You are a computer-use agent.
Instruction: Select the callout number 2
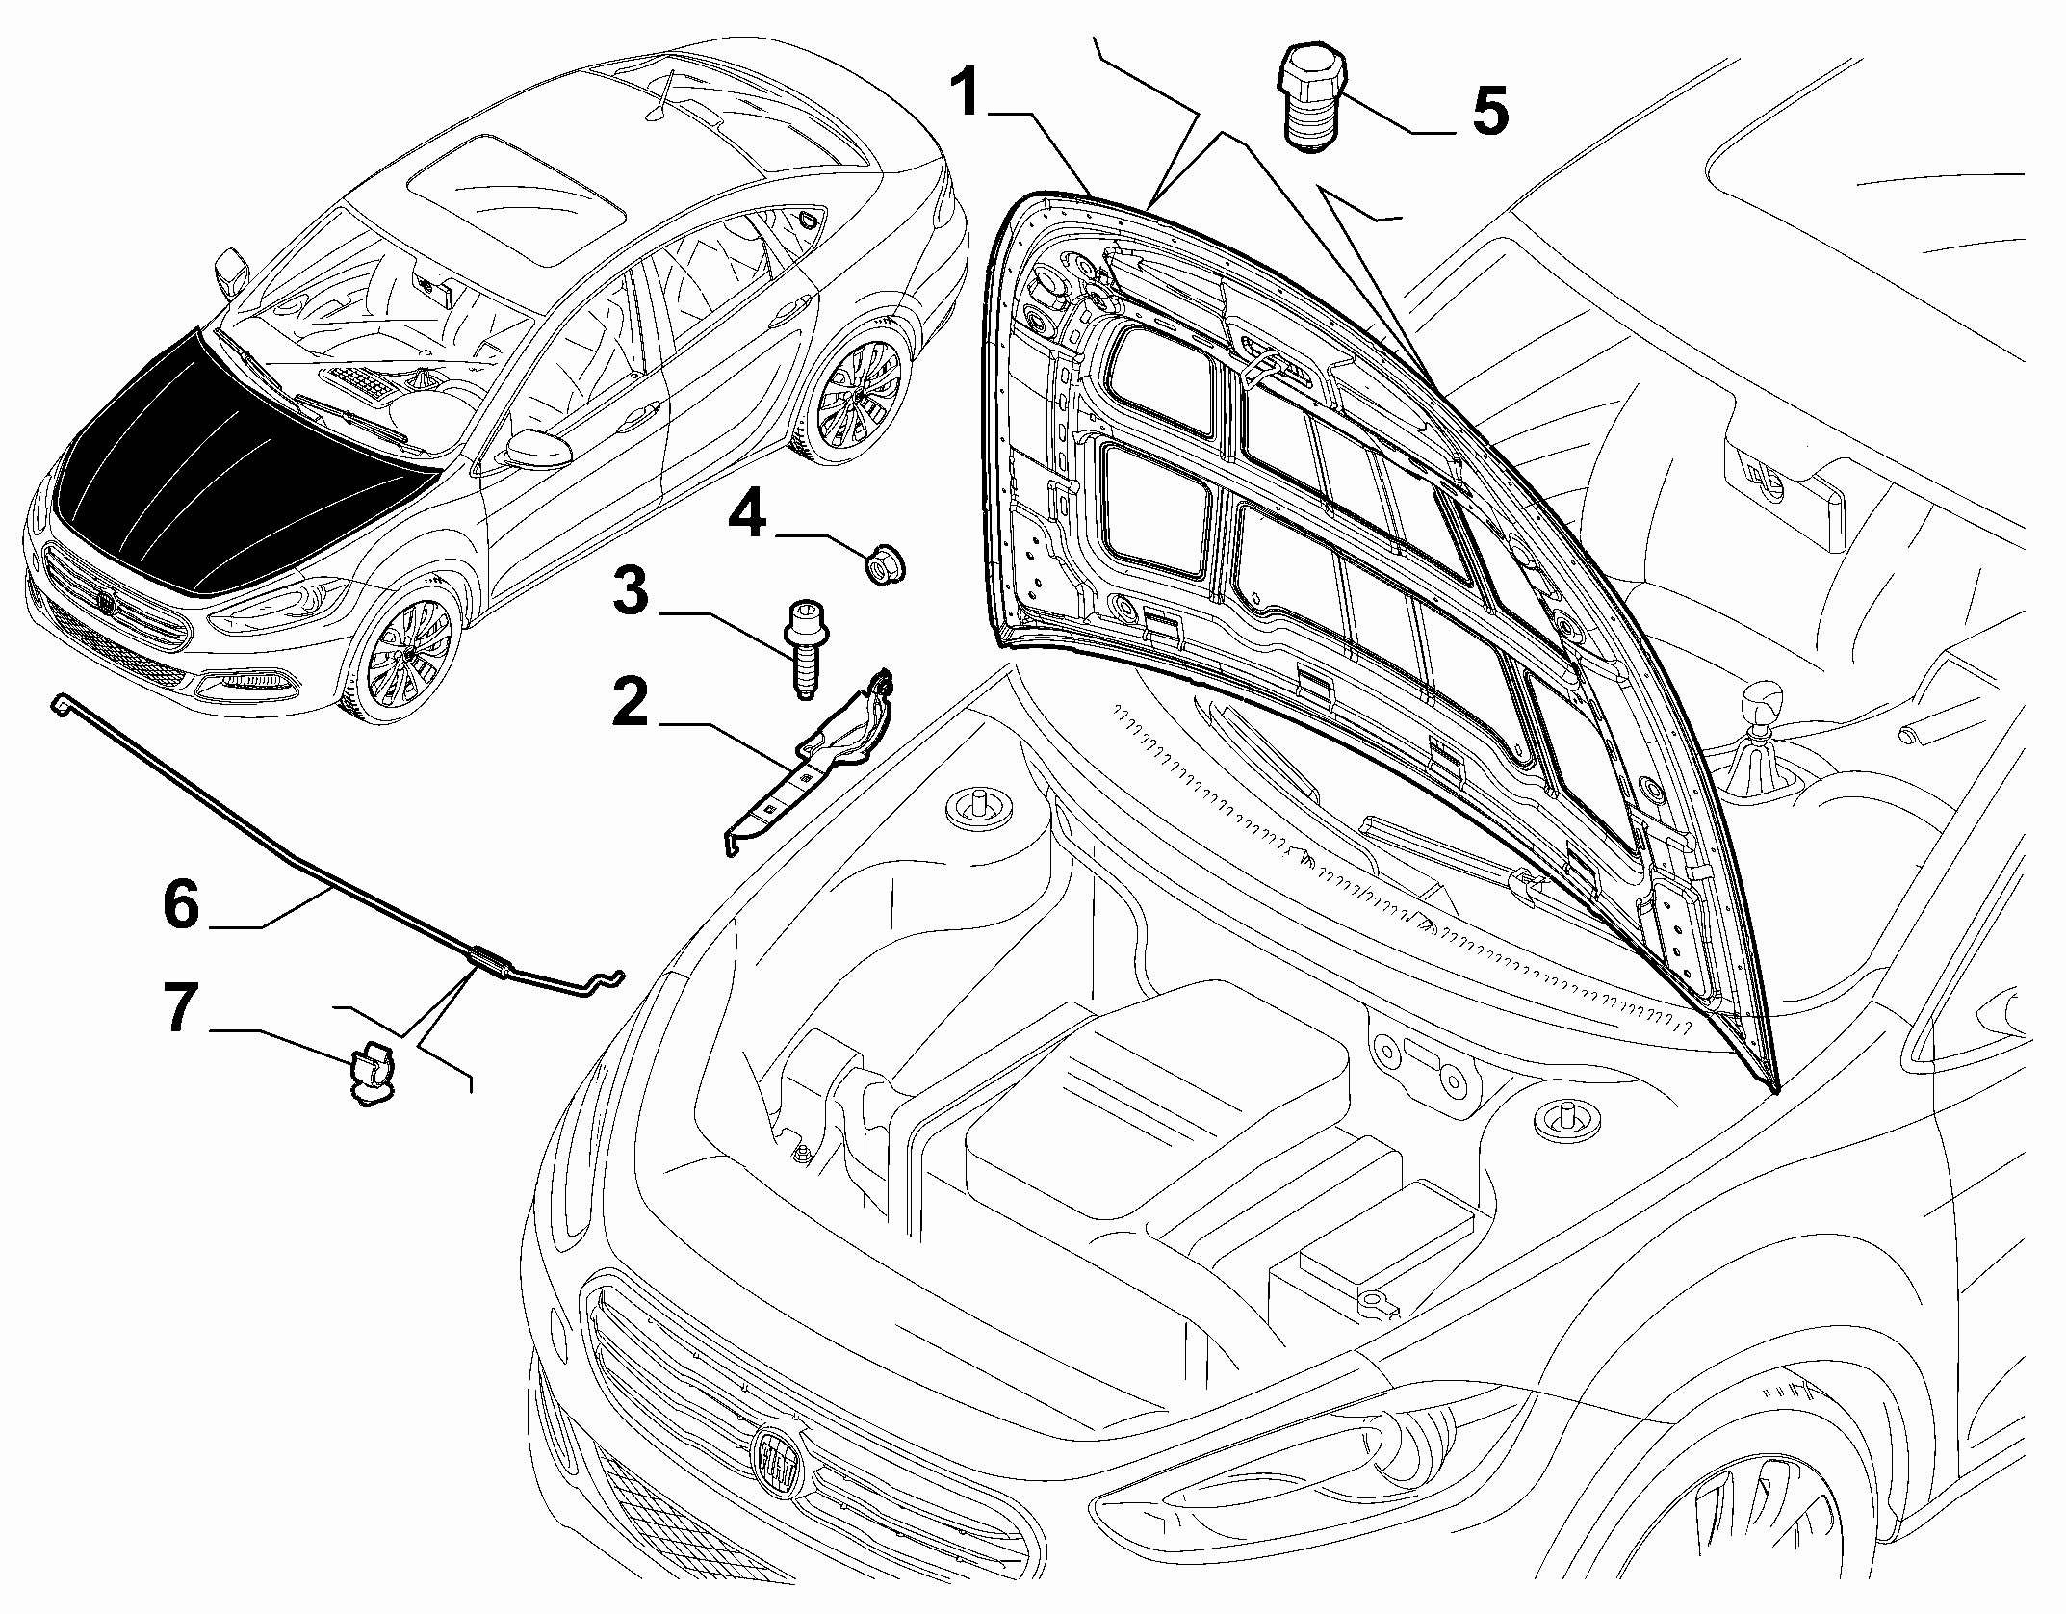632,703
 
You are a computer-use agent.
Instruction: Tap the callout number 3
632,591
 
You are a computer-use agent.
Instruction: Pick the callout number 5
1488,111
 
